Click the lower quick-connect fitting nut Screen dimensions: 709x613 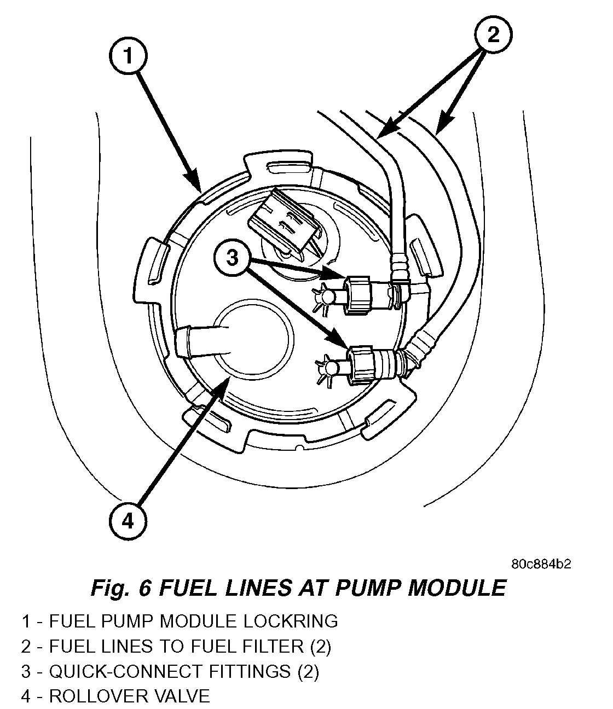[x=363, y=362]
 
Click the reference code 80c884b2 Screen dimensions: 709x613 [x=542, y=564]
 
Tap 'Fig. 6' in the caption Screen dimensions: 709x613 [x=120, y=588]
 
